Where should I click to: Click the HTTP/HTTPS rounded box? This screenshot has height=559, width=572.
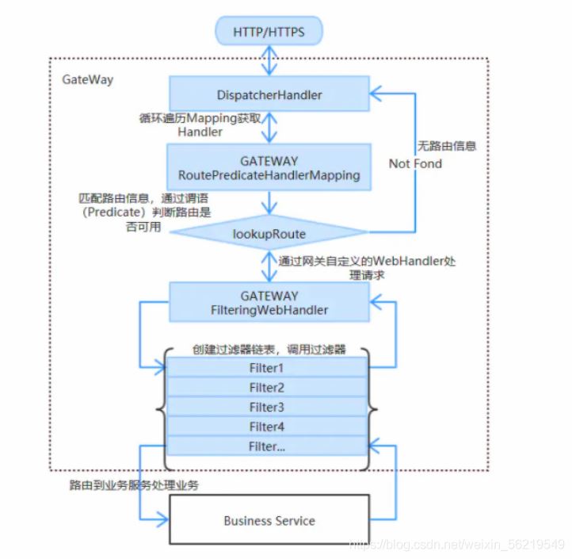click(269, 33)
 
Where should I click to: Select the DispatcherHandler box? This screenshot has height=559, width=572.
click(269, 95)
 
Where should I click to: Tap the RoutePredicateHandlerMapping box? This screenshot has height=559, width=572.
click(269, 167)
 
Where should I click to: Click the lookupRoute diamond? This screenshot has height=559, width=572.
click(269, 234)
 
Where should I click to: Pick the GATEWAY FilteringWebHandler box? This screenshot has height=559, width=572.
click(269, 303)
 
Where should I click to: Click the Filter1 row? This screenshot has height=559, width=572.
click(267, 368)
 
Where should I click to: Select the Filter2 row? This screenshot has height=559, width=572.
click(267, 388)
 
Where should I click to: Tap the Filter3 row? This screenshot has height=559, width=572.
click(267, 408)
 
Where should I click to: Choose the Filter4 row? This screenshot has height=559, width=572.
click(267, 427)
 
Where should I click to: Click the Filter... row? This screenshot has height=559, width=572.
click(267, 447)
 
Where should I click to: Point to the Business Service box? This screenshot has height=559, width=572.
click(269, 521)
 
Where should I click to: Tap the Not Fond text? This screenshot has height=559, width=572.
click(415, 163)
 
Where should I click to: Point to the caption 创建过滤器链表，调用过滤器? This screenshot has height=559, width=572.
click(269, 350)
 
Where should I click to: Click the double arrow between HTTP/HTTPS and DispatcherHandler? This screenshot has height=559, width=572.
click(270, 61)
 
